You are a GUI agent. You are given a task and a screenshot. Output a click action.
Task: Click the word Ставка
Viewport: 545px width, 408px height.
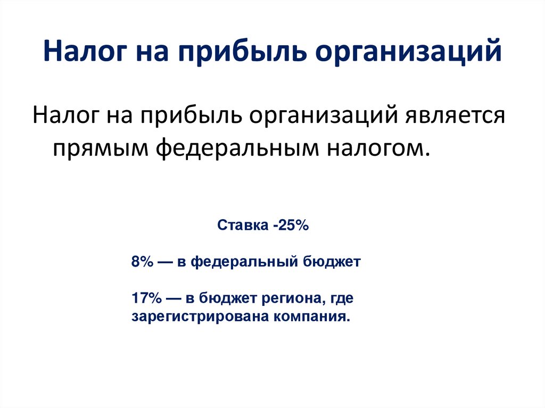click(243, 226)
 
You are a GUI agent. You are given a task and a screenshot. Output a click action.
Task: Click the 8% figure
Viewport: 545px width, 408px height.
click(142, 262)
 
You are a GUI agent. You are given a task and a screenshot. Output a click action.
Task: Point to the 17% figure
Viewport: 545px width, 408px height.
click(145, 298)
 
